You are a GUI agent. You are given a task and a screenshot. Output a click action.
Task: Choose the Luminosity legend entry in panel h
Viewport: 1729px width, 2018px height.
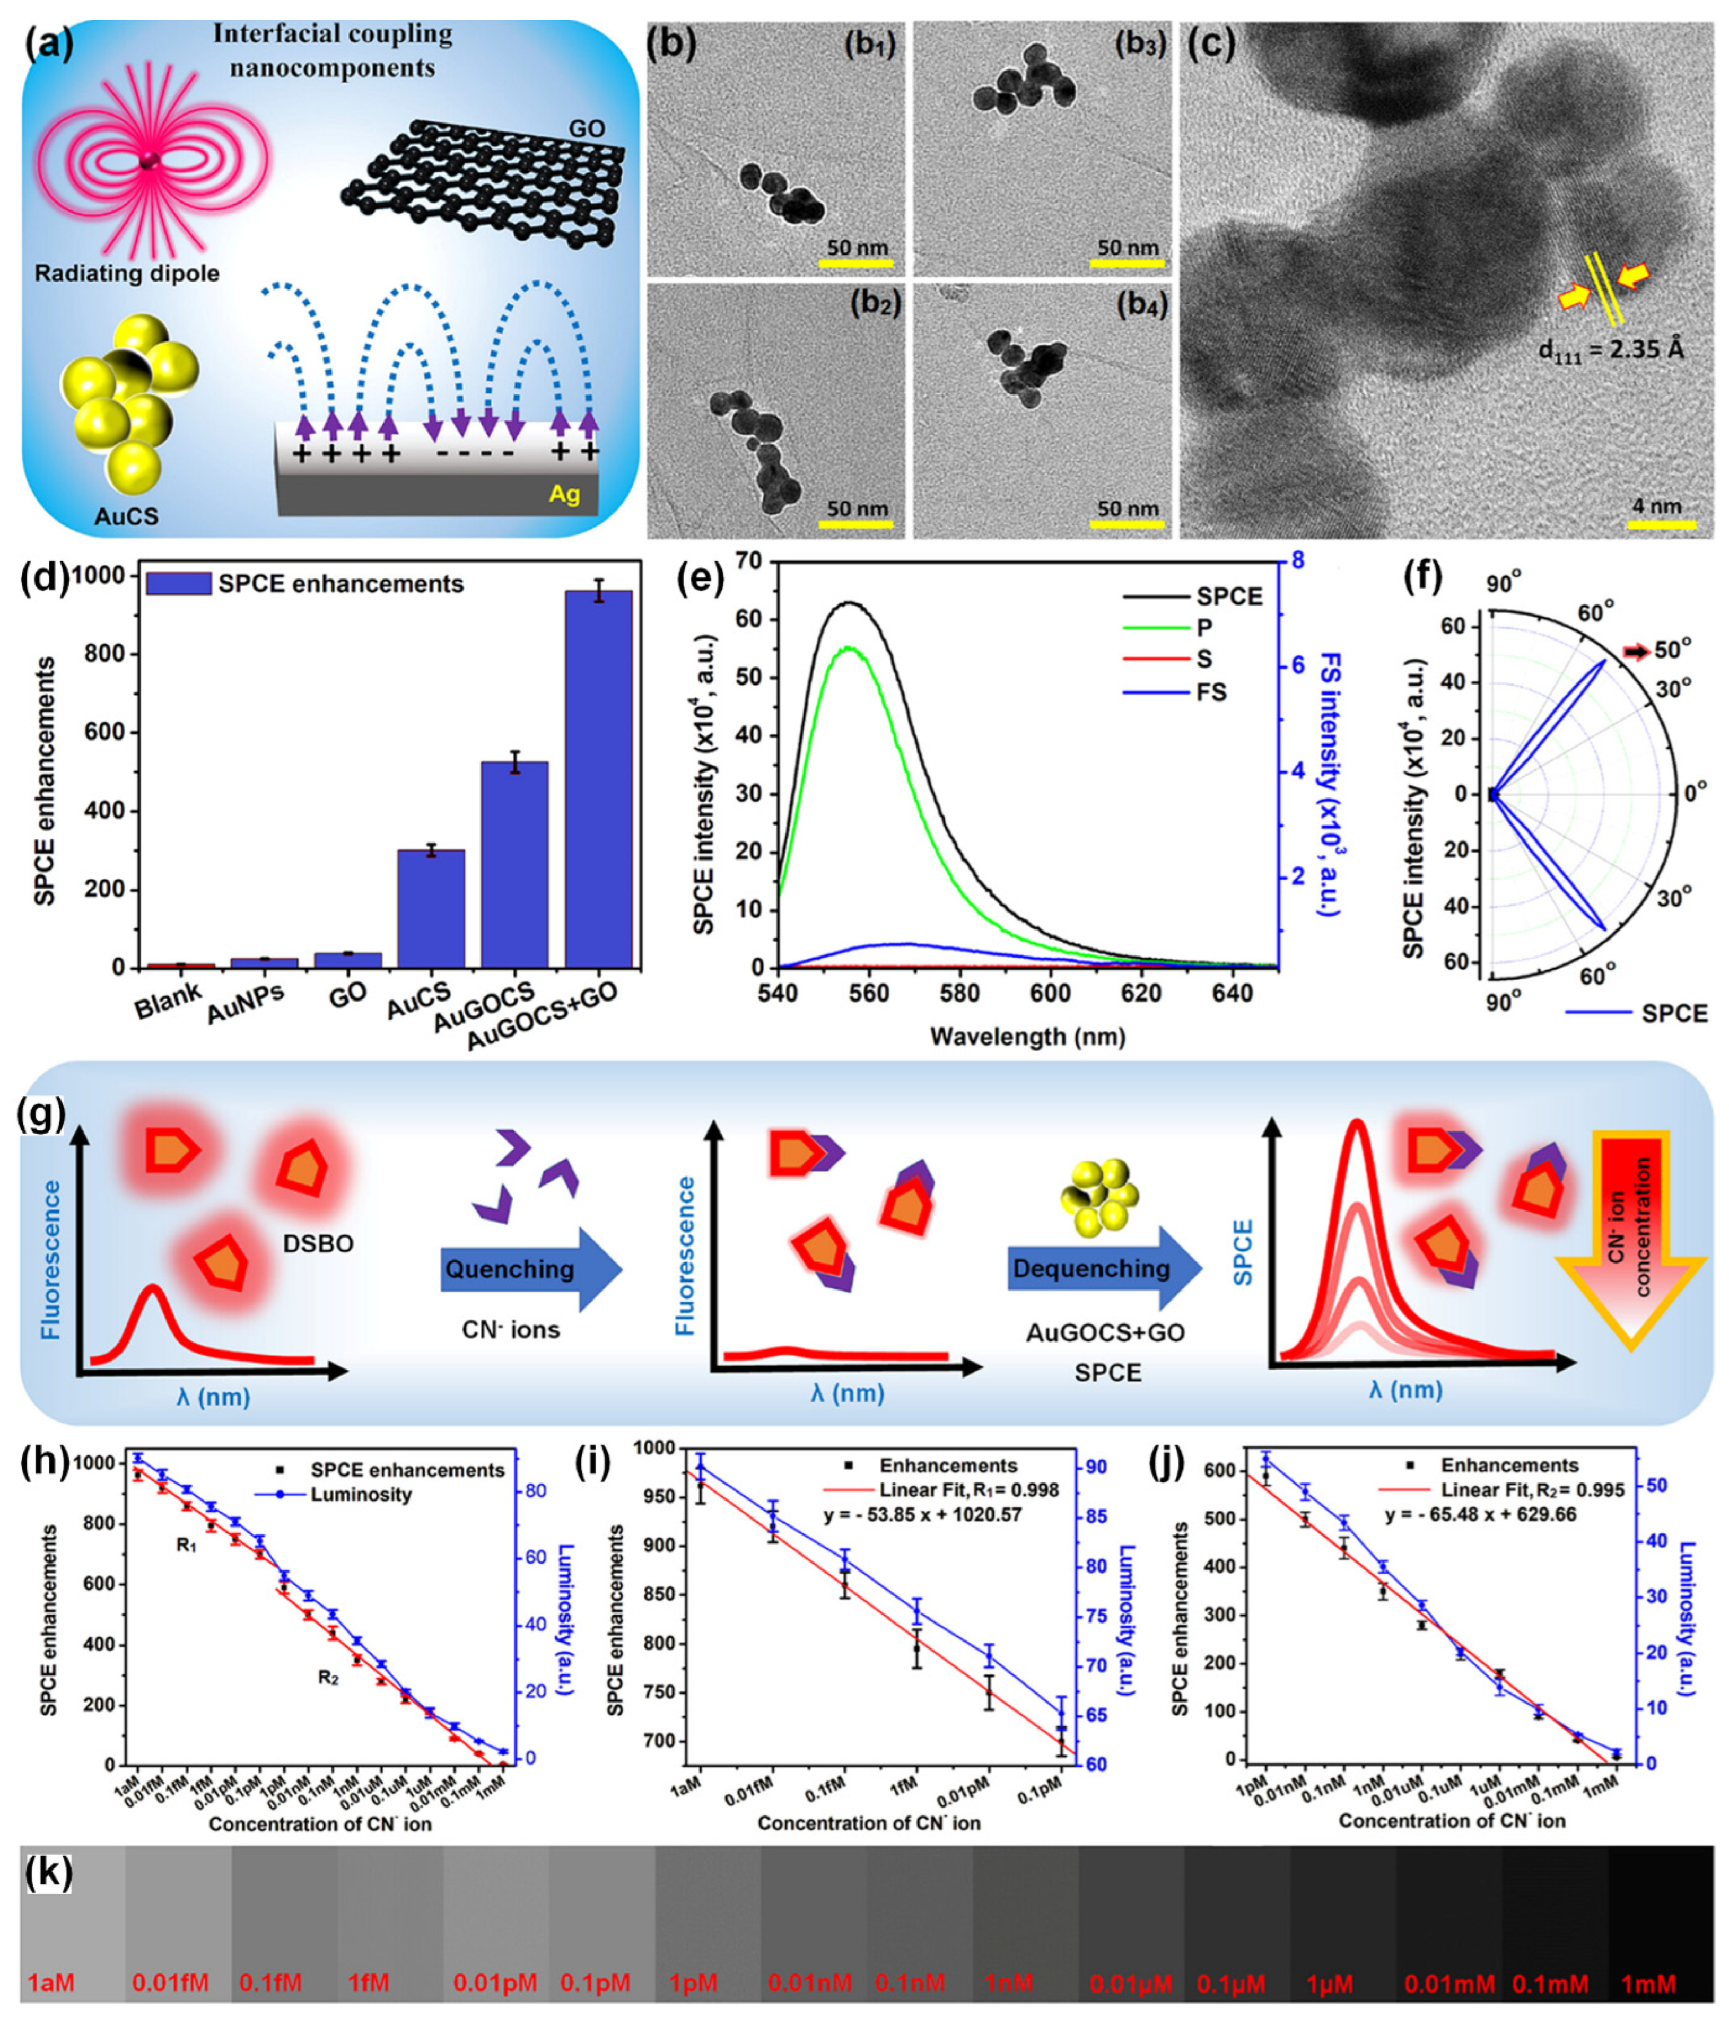pos(361,1494)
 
